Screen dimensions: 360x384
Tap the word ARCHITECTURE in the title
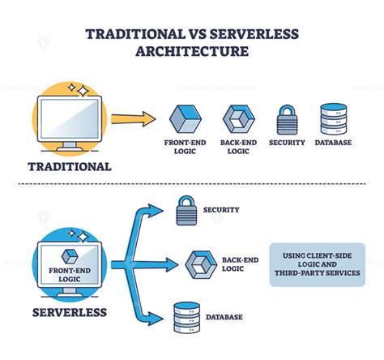click(191, 53)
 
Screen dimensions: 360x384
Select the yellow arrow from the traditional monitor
click(134, 118)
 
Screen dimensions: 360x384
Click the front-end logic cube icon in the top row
click(185, 118)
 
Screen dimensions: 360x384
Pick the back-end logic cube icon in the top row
click(238, 118)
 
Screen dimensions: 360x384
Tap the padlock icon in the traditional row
click(287, 118)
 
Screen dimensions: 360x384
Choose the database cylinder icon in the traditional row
click(333, 118)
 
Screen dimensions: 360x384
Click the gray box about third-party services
click(317, 265)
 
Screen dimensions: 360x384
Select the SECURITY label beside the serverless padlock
click(222, 209)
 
